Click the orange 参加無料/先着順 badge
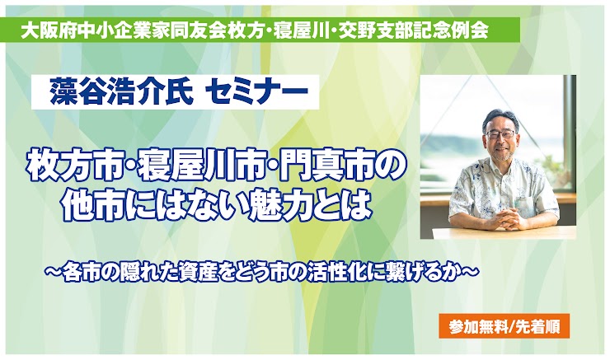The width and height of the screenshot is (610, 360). pos(504,325)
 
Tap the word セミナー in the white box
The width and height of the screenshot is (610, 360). pos(256,92)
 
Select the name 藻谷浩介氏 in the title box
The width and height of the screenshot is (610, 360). pos(121,92)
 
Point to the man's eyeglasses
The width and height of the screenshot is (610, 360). pos(500,134)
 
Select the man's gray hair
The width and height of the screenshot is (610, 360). pos(500,118)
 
